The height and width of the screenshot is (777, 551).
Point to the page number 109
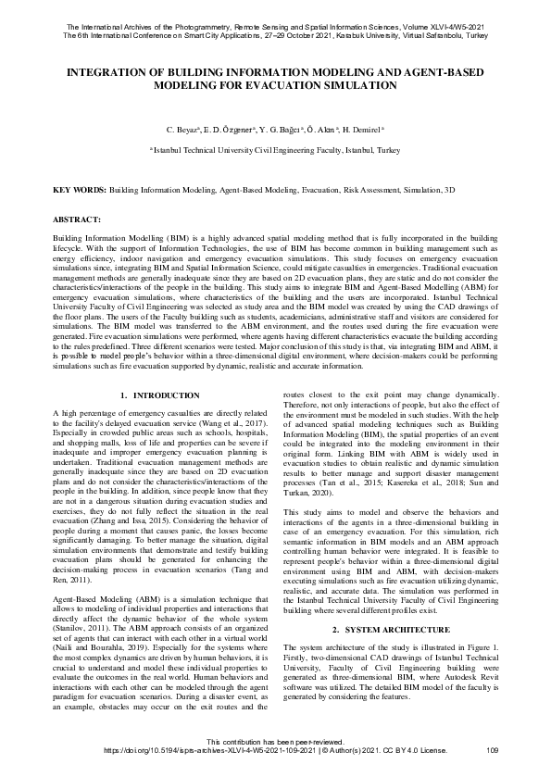(492, 749)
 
